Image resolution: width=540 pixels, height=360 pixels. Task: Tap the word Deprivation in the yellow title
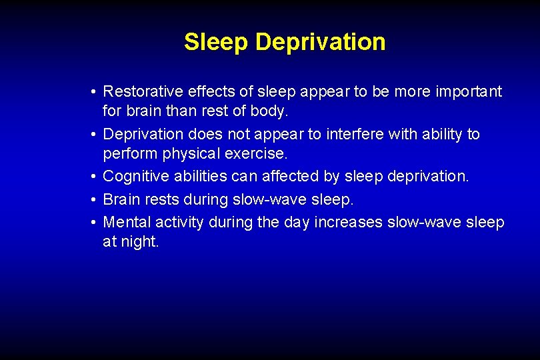[320, 42]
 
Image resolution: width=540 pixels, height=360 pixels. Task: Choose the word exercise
[256, 154]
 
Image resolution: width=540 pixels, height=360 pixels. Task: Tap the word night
[140, 242]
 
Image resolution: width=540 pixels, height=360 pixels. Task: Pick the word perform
[127, 154]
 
